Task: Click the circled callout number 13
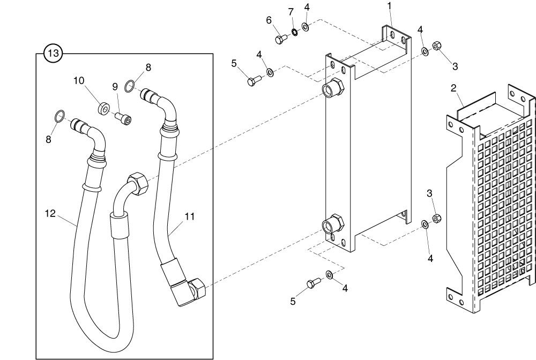(x=54, y=53)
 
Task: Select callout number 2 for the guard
(x=453, y=88)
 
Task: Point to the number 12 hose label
(x=50, y=213)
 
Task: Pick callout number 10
(x=79, y=81)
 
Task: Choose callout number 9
(x=114, y=86)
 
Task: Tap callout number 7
(x=291, y=11)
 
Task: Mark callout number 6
(x=269, y=20)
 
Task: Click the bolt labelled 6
(x=281, y=39)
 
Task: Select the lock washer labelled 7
(x=295, y=34)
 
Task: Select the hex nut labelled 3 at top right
(x=436, y=46)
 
